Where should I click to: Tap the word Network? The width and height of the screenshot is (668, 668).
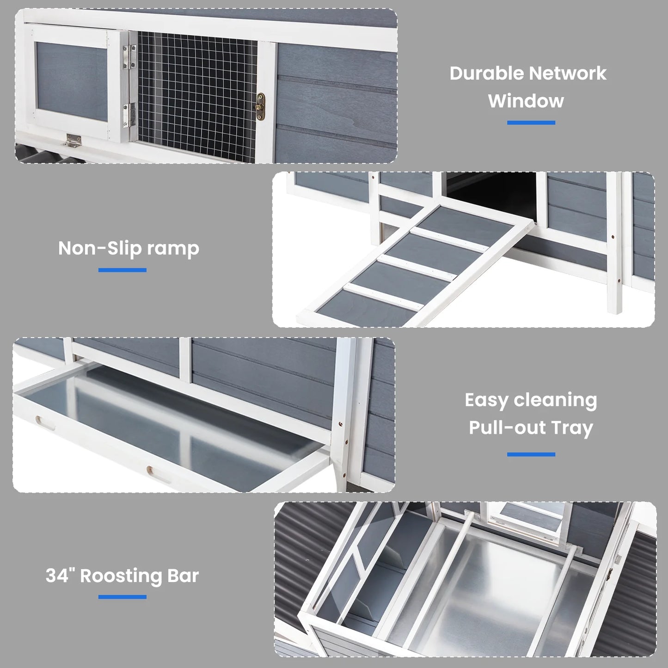[567, 74]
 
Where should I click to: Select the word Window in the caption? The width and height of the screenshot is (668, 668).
[526, 101]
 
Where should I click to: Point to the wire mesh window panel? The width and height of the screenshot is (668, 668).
[197, 92]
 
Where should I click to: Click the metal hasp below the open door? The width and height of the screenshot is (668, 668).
[73, 141]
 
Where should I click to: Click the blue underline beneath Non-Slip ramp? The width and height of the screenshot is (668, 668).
[123, 270]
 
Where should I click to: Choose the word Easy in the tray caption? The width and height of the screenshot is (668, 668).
[486, 400]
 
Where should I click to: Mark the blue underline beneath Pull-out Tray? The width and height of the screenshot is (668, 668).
[531, 454]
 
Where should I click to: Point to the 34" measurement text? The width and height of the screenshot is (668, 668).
[60, 576]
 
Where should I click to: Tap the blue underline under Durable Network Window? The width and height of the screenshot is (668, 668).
[531, 123]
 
